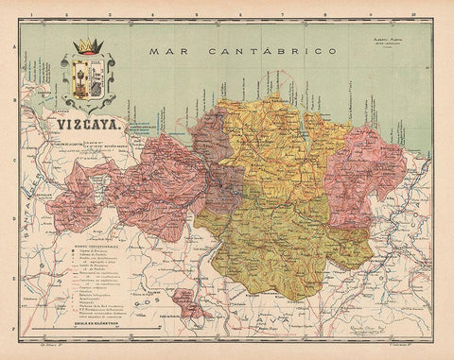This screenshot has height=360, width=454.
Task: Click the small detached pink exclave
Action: pos(189,307)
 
